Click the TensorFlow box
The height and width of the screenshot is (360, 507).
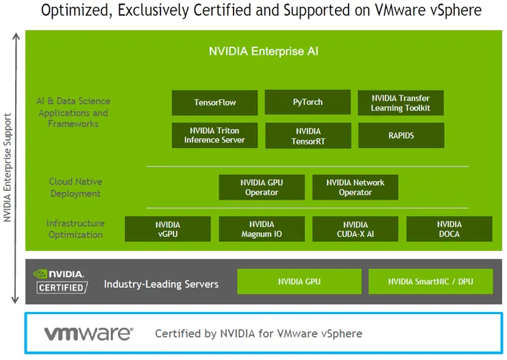(x=214, y=103)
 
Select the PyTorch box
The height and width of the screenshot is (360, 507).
(x=308, y=103)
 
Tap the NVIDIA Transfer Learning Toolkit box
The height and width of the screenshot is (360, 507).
(x=401, y=103)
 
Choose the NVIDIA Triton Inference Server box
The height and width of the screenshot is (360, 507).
(x=214, y=135)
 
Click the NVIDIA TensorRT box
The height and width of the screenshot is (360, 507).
(x=308, y=136)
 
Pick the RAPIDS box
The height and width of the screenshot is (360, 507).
(x=401, y=136)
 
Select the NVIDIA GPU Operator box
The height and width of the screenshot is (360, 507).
(x=261, y=187)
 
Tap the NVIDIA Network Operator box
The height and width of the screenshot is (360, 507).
(x=355, y=187)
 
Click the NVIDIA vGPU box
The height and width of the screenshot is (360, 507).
(x=167, y=229)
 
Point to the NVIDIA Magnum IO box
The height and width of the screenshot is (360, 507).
(x=261, y=229)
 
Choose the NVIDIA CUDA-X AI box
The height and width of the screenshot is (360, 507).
(x=355, y=229)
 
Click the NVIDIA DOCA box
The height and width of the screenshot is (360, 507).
(x=449, y=229)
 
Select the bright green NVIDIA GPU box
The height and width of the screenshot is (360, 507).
(x=299, y=282)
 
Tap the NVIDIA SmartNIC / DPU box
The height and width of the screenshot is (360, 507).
(x=430, y=282)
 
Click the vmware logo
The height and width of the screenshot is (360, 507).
(x=88, y=334)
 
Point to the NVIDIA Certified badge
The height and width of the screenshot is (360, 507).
(x=60, y=281)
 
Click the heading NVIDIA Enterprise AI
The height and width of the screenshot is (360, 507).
(x=263, y=51)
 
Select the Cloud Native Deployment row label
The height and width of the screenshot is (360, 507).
(x=75, y=187)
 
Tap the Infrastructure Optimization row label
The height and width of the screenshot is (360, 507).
(x=75, y=229)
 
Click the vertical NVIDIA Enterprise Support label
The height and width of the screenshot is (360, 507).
(x=8, y=168)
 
